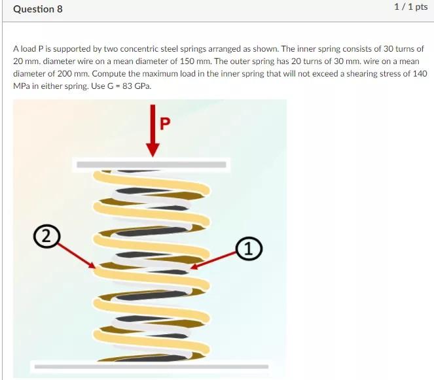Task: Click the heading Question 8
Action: click(37, 9)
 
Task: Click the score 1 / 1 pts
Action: click(410, 7)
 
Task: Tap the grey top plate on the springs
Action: click(153, 164)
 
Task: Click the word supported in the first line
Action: click(72, 49)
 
